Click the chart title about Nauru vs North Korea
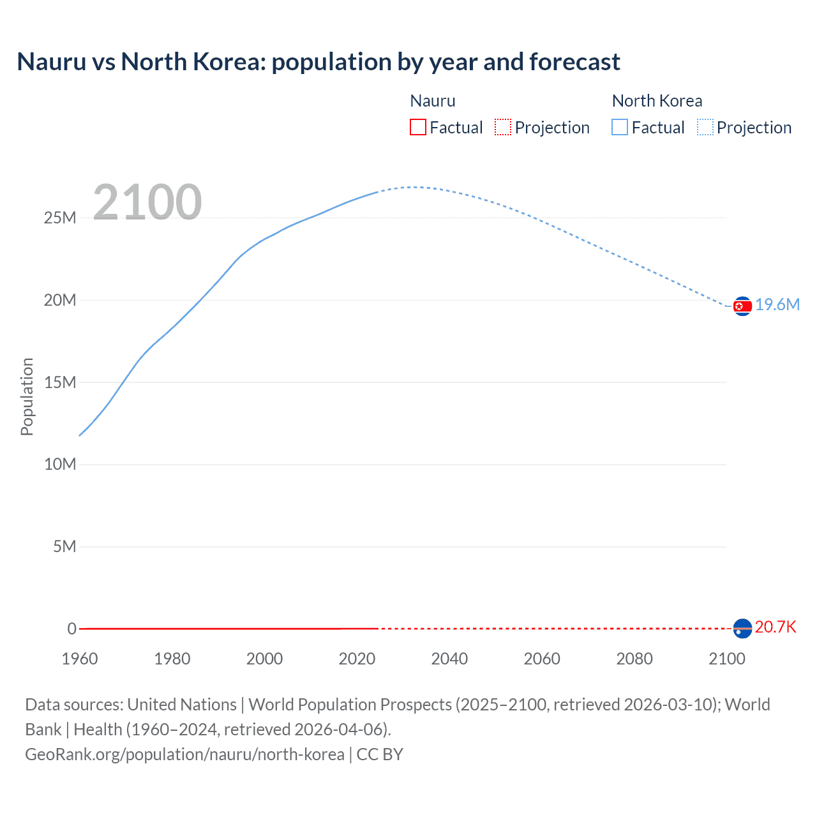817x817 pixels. (x=319, y=62)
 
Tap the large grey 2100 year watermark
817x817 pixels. (x=147, y=202)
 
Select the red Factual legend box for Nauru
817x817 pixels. (x=417, y=127)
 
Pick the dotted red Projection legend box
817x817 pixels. (x=503, y=127)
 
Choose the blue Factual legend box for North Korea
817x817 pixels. (x=620, y=127)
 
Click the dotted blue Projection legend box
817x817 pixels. (x=705, y=127)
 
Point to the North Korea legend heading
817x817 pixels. (x=657, y=101)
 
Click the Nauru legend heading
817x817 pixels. (x=433, y=101)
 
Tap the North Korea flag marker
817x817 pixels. (x=742, y=306)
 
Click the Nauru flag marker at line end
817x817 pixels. (x=742, y=629)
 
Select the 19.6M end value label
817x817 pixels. (x=777, y=304)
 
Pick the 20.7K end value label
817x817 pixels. (x=776, y=627)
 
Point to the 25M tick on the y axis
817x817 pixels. (x=60, y=218)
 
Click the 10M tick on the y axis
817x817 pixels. (x=60, y=464)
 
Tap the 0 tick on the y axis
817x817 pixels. (x=71, y=629)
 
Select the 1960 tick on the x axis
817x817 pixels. (x=80, y=659)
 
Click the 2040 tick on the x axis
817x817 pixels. (x=449, y=659)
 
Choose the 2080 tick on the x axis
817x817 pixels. (x=634, y=659)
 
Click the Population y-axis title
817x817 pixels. (x=27, y=396)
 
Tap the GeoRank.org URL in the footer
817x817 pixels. (x=184, y=754)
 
